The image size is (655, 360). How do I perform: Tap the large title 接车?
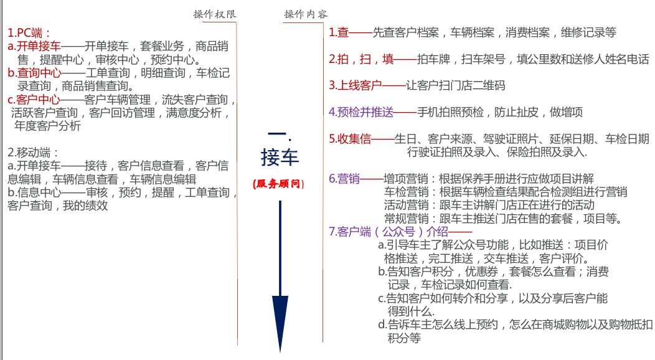pyautogui.click(x=280, y=157)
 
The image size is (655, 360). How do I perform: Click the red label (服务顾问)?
pyautogui.click(x=279, y=184)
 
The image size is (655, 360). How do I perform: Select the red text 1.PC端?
pyautogui.click(x=29, y=32)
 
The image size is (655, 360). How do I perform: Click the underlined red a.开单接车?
pyautogui.click(x=34, y=46)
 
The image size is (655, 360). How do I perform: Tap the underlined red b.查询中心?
pyautogui.click(x=34, y=72)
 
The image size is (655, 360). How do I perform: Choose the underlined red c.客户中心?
pyautogui.click(x=34, y=99)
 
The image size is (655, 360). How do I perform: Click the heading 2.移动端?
pyautogui.click(x=33, y=152)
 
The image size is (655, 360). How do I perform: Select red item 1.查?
pyautogui.click(x=339, y=32)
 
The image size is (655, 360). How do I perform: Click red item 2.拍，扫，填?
pyautogui.click(x=362, y=59)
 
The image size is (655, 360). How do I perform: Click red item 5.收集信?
pyautogui.click(x=350, y=139)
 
